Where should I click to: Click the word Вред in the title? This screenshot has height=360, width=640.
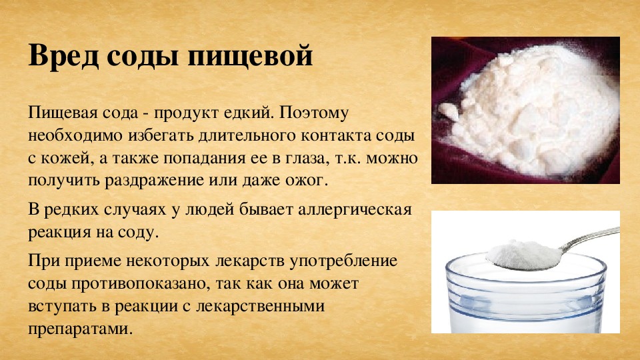(63, 55)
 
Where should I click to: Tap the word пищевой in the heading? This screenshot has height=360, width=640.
(250, 56)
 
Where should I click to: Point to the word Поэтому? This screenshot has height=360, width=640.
(314, 112)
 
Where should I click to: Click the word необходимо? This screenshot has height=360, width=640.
(75, 136)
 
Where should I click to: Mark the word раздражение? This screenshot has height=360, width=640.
(154, 181)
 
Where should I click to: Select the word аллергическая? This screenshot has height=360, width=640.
(355, 209)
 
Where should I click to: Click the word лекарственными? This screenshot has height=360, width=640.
(261, 306)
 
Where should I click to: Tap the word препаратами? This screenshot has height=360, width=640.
(81, 329)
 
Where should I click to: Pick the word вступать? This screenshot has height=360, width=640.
(62, 306)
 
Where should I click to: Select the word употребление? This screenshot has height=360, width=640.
(344, 261)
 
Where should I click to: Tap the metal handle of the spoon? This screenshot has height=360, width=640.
(591, 237)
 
